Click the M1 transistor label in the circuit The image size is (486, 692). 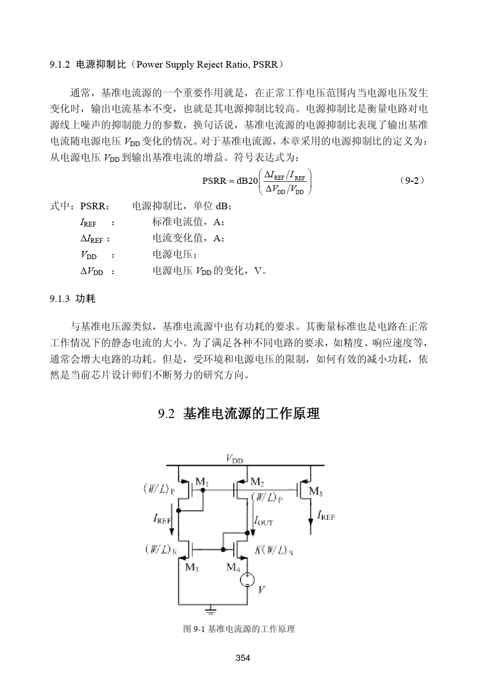coord(202,482)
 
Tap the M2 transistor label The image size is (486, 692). coord(257,482)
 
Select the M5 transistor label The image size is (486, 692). coord(316,492)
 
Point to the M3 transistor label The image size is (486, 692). coord(192,567)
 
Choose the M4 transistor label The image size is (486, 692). coord(233,567)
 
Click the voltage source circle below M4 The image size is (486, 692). coord(248,580)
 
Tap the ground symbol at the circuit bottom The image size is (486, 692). coord(210,610)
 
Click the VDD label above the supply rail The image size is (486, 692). coord(235,459)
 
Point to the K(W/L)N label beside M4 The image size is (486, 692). coord(274,551)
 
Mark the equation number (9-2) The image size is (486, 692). coord(412,180)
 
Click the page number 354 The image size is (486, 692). coord(243,658)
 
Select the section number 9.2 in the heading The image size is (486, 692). coord(167,414)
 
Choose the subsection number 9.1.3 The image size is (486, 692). coord(59,299)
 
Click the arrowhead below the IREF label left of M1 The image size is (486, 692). coord(172,533)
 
